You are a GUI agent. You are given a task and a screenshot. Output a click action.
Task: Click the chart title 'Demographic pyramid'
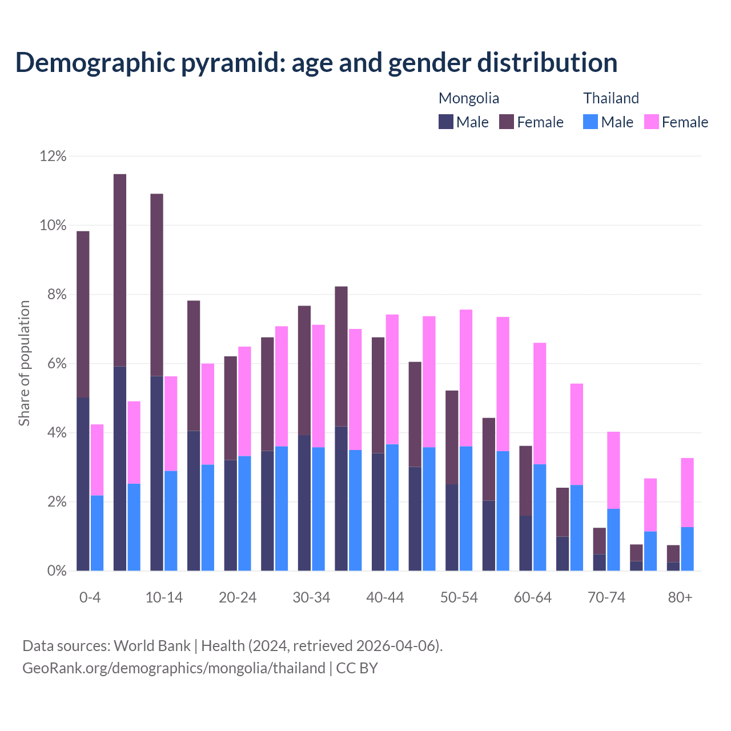pyautogui.click(x=316, y=63)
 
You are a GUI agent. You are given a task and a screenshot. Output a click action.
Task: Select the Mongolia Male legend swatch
pyautogui.click(x=445, y=122)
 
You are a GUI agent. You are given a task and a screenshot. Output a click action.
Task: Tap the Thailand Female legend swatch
pyautogui.click(x=651, y=122)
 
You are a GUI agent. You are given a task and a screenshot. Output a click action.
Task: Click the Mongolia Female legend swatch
pyautogui.click(x=507, y=122)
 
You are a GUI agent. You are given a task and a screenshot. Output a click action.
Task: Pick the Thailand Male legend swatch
pyautogui.click(x=591, y=122)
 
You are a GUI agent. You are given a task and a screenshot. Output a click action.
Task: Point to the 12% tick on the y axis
pyautogui.click(x=53, y=156)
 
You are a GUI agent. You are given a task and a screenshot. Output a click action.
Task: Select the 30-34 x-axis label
pyautogui.click(x=311, y=597)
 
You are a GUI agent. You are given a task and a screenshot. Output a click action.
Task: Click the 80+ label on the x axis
pyautogui.click(x=680, y=597)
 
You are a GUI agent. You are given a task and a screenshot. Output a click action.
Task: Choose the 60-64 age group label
pyautogui.click(x=533, y=597)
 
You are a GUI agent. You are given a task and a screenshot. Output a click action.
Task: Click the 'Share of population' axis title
pyautogui.click(x=24, y=363)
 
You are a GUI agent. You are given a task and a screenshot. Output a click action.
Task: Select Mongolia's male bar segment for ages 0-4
pyautogui.click(x=83, y=484)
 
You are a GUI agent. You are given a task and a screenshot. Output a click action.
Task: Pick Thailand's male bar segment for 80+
pyautogui.click(x=688, y=549)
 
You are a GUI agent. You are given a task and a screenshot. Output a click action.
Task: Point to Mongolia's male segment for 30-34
pyautogui.click(x=304, y=503)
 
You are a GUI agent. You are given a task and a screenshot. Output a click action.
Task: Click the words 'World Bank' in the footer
pyautogui.click(x=152, y=646)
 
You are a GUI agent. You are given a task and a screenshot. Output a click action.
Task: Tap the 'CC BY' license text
pyautogui.click(x=357, y=668)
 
